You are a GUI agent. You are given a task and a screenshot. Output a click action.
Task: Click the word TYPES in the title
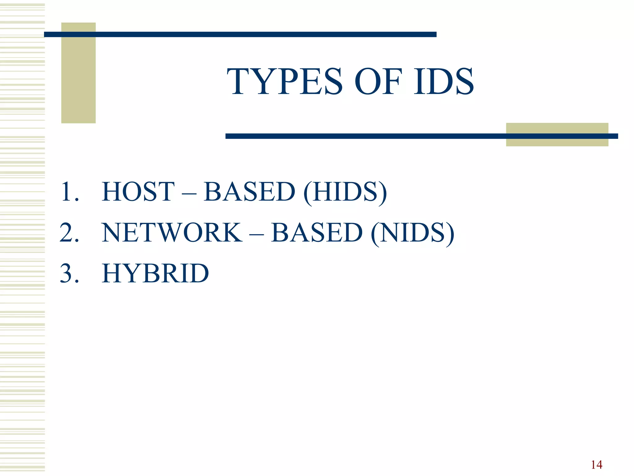tap(285, 82)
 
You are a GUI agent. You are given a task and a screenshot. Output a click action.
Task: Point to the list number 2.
tap(69, 232)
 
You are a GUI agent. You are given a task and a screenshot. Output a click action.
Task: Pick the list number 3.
tap(69, 273)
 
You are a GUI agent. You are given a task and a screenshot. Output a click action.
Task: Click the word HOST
tap(138, 192)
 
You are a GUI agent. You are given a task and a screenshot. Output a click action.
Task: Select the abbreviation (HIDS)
tap(345, 192)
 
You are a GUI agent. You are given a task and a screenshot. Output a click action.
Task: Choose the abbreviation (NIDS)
tap(412, 233)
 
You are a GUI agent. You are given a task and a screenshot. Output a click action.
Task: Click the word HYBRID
tap(155, 274)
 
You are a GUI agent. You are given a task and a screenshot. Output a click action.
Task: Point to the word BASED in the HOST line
tap(250, 192)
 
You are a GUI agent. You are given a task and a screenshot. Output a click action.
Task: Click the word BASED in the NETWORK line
tap(317, 233)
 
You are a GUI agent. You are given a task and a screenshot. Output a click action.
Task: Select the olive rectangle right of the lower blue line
tap(557, 141)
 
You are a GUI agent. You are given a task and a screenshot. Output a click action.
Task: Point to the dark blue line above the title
tap(240, 34)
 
